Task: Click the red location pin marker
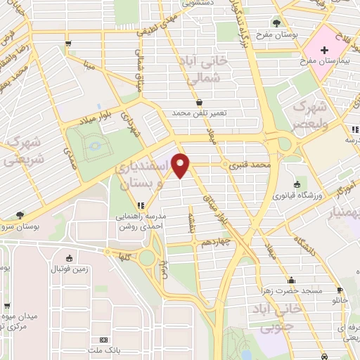coord(181,166)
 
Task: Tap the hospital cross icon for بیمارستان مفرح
coord(324,50)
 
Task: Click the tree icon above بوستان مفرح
coord(276,22)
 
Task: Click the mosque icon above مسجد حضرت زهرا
coord(291,279)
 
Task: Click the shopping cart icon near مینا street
coord(67,44)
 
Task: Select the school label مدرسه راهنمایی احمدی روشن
coord(141,223)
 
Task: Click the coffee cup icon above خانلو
coord(340,290)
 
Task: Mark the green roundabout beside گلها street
coord(146,258)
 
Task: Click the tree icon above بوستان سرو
coord(19,216)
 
